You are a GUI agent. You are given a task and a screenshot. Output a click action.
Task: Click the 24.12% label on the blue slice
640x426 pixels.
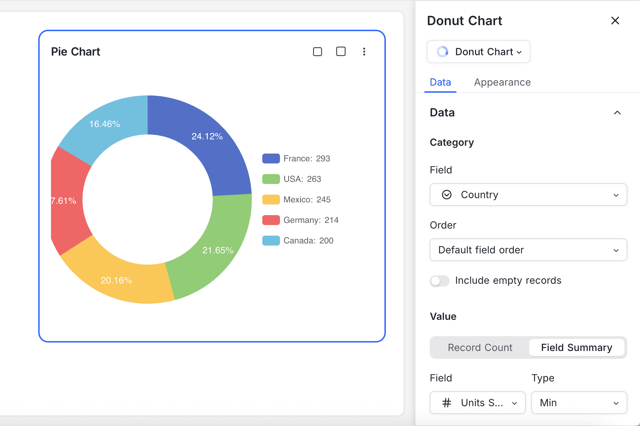coord(207,136)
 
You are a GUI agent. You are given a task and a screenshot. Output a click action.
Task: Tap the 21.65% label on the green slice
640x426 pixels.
coord(218,250)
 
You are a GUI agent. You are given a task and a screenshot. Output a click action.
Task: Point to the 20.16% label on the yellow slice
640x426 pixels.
coord(116,280)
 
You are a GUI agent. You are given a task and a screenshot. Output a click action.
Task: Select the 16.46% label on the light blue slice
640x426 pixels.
coord(104,124)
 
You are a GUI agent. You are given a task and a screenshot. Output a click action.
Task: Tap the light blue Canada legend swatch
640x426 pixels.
coord(271,241)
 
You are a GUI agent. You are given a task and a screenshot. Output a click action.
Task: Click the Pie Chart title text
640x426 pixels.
coord(75,52)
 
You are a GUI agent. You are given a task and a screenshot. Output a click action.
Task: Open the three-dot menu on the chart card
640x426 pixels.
coord(364,52)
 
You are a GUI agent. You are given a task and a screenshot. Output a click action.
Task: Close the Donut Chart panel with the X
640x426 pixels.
coord(615,21)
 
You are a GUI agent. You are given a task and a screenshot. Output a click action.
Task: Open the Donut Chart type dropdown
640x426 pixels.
coord(479,52)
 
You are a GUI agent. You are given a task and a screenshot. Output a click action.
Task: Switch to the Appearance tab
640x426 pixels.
coord(502,82)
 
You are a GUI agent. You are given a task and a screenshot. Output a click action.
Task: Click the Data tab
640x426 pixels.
coord(440,82)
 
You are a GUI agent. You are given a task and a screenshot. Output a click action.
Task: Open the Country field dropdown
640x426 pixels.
coord(528,195)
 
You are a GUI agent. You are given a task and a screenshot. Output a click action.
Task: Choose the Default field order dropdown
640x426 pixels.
coord(528,250)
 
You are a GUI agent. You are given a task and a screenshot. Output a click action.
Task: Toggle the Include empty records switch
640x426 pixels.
coord(440,281)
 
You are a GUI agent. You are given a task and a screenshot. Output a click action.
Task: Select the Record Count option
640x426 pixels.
coord(480,347)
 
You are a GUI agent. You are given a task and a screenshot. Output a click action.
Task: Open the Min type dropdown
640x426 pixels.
coord(579,403)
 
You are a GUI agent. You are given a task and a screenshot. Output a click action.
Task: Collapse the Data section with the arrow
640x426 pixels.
coord(617,113)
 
